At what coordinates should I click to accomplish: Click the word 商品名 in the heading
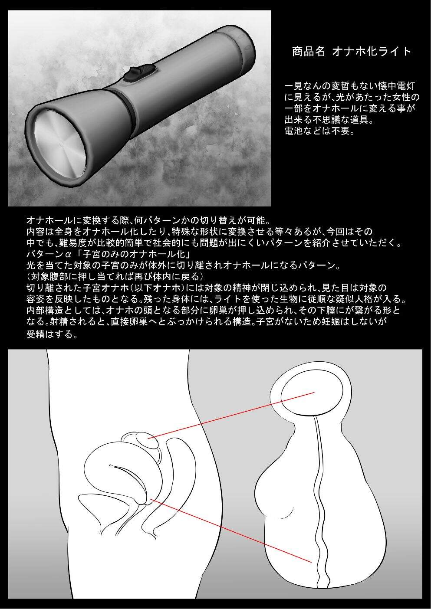click(309, 51)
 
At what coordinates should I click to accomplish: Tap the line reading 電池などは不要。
click(319, 131)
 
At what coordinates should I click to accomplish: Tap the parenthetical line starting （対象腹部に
click(115, 276)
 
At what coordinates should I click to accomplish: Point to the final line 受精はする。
click(52, 334)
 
